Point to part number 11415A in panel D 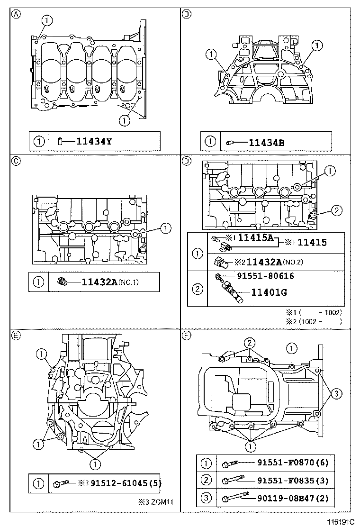(255, 238)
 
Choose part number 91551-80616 (264, 275)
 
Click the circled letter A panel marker (16, 14)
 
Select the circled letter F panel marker (187, 336)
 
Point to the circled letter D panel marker (187, 161)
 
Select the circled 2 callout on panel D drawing (335, 210)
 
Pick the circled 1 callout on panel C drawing (165, 228)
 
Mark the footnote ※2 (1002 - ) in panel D (313, 321)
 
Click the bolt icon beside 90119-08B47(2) (235, 498)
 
